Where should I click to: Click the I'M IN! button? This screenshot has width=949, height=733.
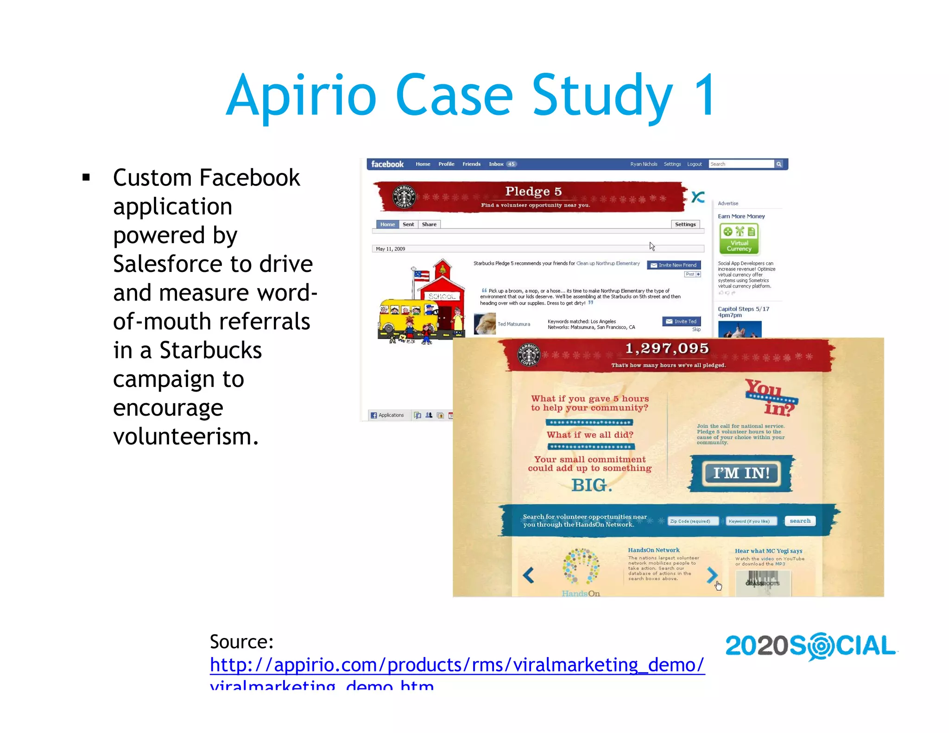[x=741, y=473]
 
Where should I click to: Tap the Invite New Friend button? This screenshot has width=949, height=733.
[x=674, y=265]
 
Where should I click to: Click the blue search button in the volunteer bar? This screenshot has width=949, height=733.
[x=800, y=521]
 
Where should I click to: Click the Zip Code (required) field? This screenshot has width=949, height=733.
[x=692, y=521]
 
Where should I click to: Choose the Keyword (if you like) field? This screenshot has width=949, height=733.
[x=749, y=521]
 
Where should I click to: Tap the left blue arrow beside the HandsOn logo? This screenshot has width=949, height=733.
[x=528, y=575]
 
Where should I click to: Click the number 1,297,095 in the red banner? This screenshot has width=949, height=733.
[x=667, y=348]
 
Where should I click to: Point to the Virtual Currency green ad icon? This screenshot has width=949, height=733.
[x=739, y=239]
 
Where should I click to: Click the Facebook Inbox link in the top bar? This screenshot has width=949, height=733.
[x=496, y=164]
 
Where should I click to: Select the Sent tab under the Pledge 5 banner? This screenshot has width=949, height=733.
[x=408, y=224]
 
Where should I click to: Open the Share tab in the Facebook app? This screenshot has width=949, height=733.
[x=429, y=224]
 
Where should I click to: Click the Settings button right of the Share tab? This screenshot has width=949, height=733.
[x=685, y=224]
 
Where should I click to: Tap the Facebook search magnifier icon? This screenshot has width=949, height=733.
[x=779, y=164]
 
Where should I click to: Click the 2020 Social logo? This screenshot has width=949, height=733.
[x=810, y=646]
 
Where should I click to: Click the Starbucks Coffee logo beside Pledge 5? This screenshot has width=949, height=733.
[x=404, y=196]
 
